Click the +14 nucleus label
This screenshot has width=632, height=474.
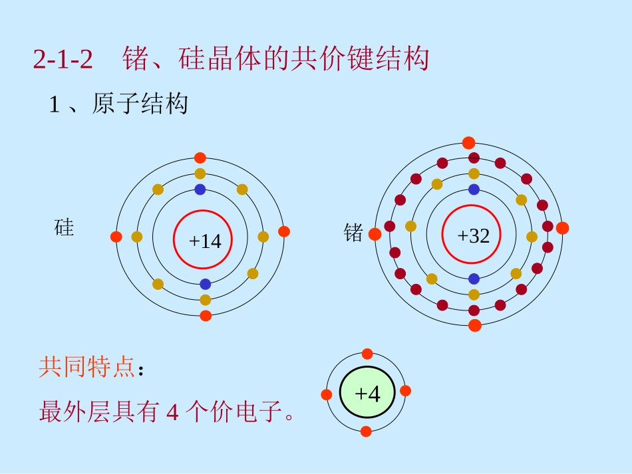205,241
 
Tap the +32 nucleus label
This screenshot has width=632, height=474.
473,235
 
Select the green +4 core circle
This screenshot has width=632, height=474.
367,392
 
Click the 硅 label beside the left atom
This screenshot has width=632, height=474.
64,227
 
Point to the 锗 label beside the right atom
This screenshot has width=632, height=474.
353,233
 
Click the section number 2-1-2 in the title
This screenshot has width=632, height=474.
63,59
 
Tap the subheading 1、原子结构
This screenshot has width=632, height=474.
118,104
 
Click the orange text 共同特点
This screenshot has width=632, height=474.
86,366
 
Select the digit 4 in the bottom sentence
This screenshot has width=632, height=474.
172,412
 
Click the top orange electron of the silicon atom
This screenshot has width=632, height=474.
200,158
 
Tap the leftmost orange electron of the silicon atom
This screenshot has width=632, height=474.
116,237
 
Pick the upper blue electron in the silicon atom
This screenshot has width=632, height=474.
200,189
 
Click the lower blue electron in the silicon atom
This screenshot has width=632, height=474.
206,285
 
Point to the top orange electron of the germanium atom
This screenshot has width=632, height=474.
468,142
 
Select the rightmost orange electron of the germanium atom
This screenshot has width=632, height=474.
562,228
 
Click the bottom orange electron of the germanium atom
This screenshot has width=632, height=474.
475,325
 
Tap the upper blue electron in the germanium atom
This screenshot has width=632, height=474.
474,189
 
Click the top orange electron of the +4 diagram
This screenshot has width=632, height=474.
367,354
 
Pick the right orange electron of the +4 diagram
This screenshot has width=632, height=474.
406,391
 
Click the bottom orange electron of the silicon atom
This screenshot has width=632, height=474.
206,316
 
